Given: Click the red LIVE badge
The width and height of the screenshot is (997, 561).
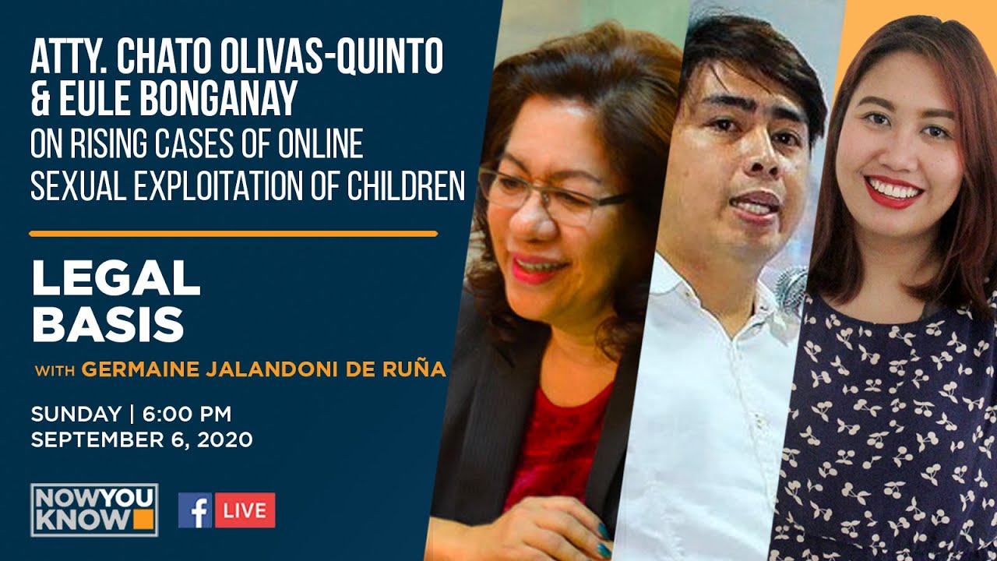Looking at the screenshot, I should point(245,510).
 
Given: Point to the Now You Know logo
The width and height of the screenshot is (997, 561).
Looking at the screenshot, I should point(94,510).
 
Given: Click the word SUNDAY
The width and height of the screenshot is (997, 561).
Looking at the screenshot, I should point(76,414).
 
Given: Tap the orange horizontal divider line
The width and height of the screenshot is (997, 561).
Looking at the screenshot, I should point(233,233).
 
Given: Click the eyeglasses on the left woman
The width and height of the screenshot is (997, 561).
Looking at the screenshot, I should point(545,195).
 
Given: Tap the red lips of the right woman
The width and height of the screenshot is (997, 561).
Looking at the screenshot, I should point(893,192).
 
